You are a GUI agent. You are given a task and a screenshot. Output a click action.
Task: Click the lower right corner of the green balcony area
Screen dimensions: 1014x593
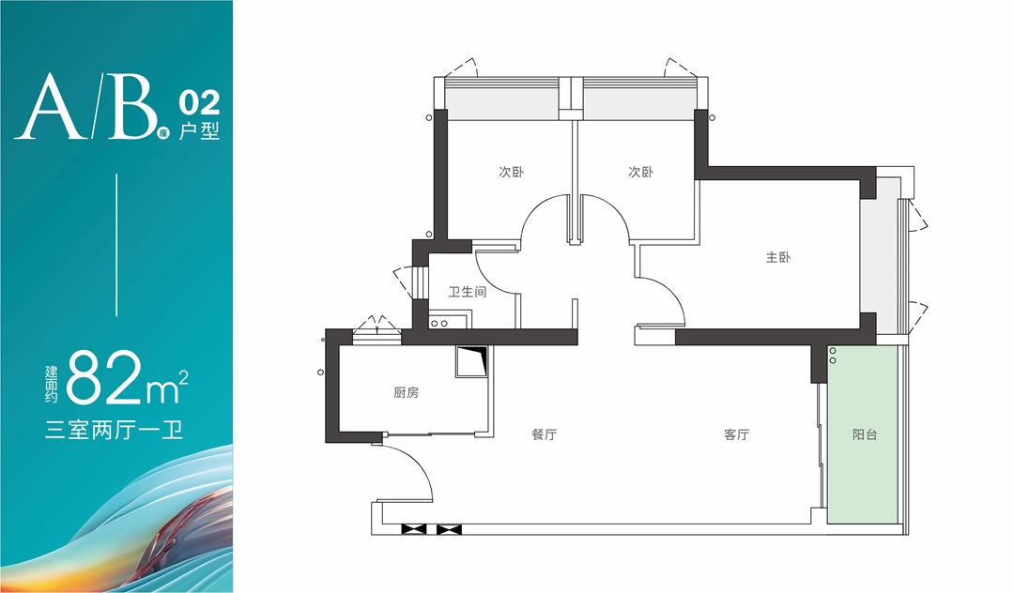pyautogui.click(x=899, y=524)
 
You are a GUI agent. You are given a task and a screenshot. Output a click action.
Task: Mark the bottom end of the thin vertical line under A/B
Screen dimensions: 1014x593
pyautogui.click(x=117, y=316)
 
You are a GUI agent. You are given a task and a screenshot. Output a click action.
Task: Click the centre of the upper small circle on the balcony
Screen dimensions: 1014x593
pyautogui.click(x=832, y=352)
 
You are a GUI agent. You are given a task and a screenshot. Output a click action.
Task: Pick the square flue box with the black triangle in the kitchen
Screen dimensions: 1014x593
pyautogui.click(x=472, y=362)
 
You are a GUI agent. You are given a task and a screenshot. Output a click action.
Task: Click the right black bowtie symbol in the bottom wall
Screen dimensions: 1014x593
pyautogui.click(x=449, y=530)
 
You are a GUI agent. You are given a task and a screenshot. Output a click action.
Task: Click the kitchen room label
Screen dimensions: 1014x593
pyautogui.click(x=407, y=392)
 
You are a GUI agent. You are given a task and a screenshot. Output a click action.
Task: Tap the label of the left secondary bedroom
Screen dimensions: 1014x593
pyautogui.click(x=511, y=172)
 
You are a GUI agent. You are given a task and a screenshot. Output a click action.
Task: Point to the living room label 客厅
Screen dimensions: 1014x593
pyautogui.click(x=737, y=434)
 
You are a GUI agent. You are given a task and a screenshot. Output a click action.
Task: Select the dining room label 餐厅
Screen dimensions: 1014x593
pyautogui.click(x=544, y=434)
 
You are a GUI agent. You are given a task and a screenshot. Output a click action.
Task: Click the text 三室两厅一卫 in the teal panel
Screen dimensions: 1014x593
pyautogui.click(x=114, y=431)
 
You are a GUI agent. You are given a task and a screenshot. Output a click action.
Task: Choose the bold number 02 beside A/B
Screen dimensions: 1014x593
pyautogui.click(x=199, y=102)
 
